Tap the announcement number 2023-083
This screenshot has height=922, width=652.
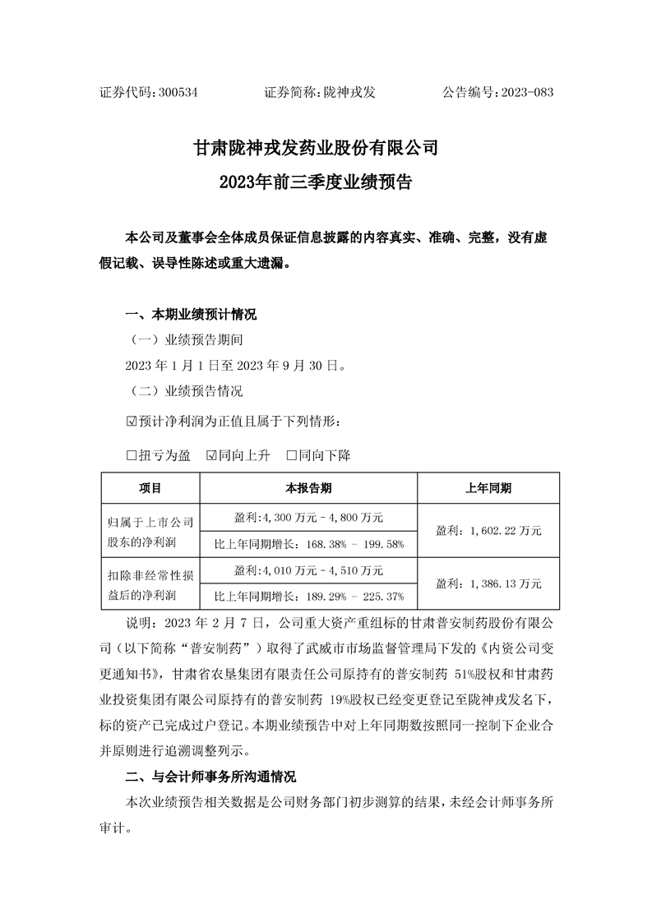coord(524,93)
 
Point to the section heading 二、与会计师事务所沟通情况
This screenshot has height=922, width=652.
coord(210,777)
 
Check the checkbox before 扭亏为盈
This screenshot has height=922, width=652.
coord(131,454)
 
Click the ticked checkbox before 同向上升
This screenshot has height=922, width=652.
coord(211,454)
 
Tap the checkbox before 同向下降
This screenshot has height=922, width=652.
coord(291,454)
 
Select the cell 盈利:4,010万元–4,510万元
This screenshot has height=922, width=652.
coord(308,569)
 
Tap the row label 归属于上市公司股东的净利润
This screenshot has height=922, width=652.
coord(150,531)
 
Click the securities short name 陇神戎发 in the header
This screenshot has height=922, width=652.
coord(349,93)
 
